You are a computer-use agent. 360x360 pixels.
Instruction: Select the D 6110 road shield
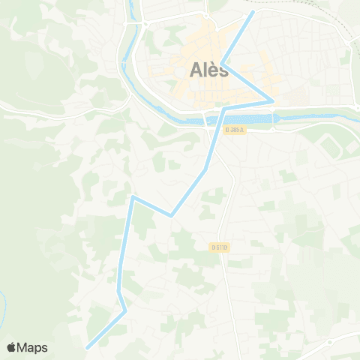(220, 246)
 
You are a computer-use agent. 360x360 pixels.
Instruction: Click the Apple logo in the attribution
(11, 347)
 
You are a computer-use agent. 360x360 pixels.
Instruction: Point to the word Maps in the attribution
(32, 347)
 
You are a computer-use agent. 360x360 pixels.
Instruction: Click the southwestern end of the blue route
(87, 347)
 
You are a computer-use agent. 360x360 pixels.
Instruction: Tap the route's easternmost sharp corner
(273, 100)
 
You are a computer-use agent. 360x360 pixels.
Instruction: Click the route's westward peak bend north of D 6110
(133, 197)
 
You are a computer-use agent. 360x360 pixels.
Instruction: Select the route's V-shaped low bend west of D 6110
(171, 216)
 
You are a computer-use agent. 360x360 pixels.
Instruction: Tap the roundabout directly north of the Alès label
(205, 16)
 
